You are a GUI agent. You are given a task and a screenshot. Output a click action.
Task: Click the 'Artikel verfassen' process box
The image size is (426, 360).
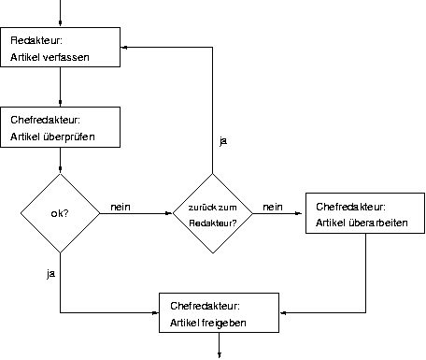tap(62, 47)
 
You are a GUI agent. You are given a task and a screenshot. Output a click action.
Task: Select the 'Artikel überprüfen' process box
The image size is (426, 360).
tap(62, 126)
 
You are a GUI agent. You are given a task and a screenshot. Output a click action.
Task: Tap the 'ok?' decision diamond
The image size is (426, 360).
tap(60, 213)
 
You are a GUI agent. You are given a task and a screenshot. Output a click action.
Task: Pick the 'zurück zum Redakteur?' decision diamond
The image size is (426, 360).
tap(213, 212)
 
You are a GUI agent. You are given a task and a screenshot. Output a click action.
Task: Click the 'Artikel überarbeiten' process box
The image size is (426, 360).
tap(358, 213)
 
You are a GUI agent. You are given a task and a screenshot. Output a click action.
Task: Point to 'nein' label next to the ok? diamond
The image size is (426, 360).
tap(120, 206)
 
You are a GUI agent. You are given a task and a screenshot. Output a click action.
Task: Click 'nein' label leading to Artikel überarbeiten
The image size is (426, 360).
tap(273, 206)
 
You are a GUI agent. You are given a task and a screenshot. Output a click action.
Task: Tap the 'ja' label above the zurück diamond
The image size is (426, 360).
tap(222, 140)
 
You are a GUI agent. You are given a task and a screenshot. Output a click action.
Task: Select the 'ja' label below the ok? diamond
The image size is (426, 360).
tap(50, 273)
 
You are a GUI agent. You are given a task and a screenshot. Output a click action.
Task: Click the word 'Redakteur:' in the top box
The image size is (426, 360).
tap(35, 39)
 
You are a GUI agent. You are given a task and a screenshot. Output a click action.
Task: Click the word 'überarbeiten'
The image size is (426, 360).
tap(388, 224)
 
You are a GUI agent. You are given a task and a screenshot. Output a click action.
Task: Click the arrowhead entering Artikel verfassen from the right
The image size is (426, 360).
tap(127, 47)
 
